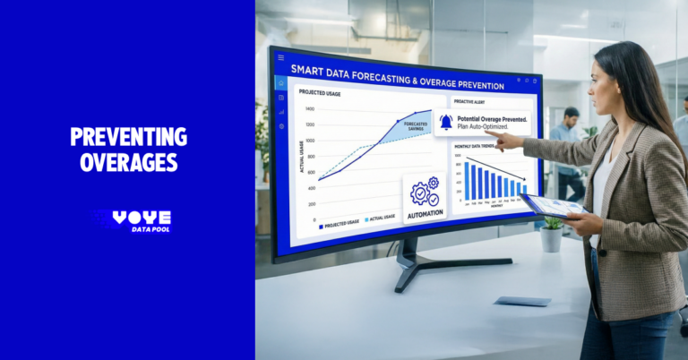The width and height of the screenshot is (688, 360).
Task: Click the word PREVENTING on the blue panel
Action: pyautogui.click(x=128, y=137)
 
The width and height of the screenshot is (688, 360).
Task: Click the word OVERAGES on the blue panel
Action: pyautogui.click(x=128, y=162)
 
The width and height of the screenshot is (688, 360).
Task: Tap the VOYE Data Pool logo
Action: pyautogui.click(x=132, y=221)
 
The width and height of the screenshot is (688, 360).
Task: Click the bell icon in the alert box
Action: pyautogui.click(x=445, y=123)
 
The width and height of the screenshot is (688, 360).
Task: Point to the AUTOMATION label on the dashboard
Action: pyautogui.click(x=425, y=215)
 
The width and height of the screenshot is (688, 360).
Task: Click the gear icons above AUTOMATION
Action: pyautogui.click(x=425, y=192)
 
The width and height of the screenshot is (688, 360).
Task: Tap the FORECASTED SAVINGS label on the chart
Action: pyautogui.click(x=416, y=126)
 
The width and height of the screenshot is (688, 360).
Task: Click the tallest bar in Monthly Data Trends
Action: pyautogui.click(x=467, y=180)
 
